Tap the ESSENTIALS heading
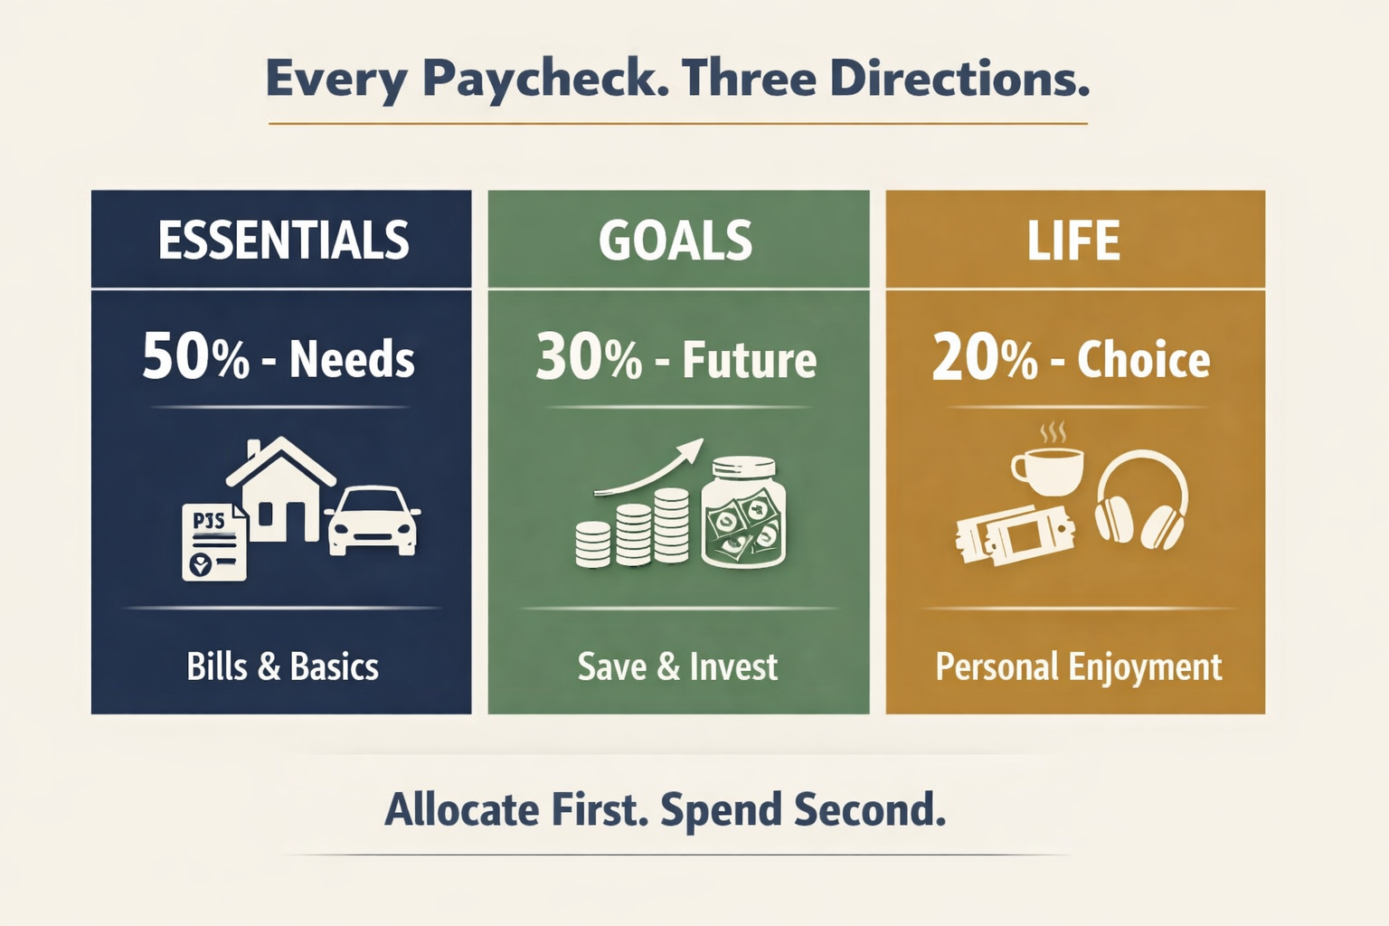pos(284,241)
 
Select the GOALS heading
pos(676,241)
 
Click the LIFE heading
pos(1073,241)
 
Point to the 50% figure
pos(195,357)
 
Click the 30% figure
pos(589,357)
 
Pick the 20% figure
pos(985,357)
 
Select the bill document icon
pos(214,543)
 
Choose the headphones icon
pos(1141,501)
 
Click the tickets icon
pos(1015,535)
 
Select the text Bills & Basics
pos(282,667)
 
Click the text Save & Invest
pos(677,667)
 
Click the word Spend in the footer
pos(720,809)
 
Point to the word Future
pos(749,360)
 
